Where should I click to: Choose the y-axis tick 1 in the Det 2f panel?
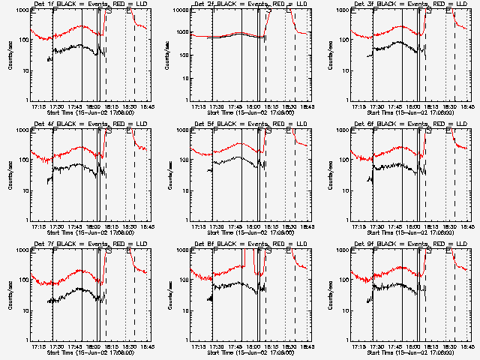point(187,100)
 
